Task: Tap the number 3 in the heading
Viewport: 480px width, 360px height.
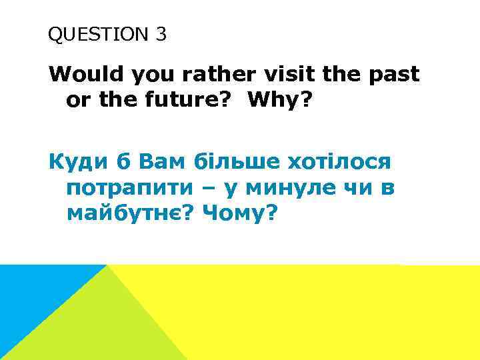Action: pos(161,35)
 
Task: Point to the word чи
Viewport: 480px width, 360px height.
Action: pos(359,188)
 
